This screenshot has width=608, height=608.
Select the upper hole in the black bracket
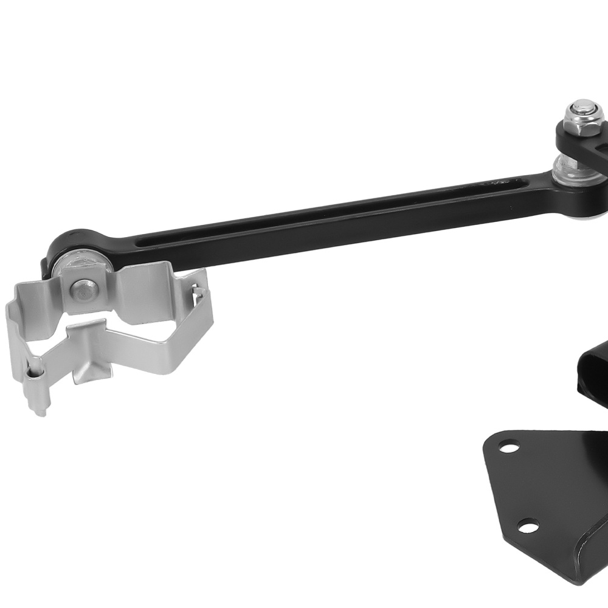(505, 449)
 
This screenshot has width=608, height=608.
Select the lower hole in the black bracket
(527, 525)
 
